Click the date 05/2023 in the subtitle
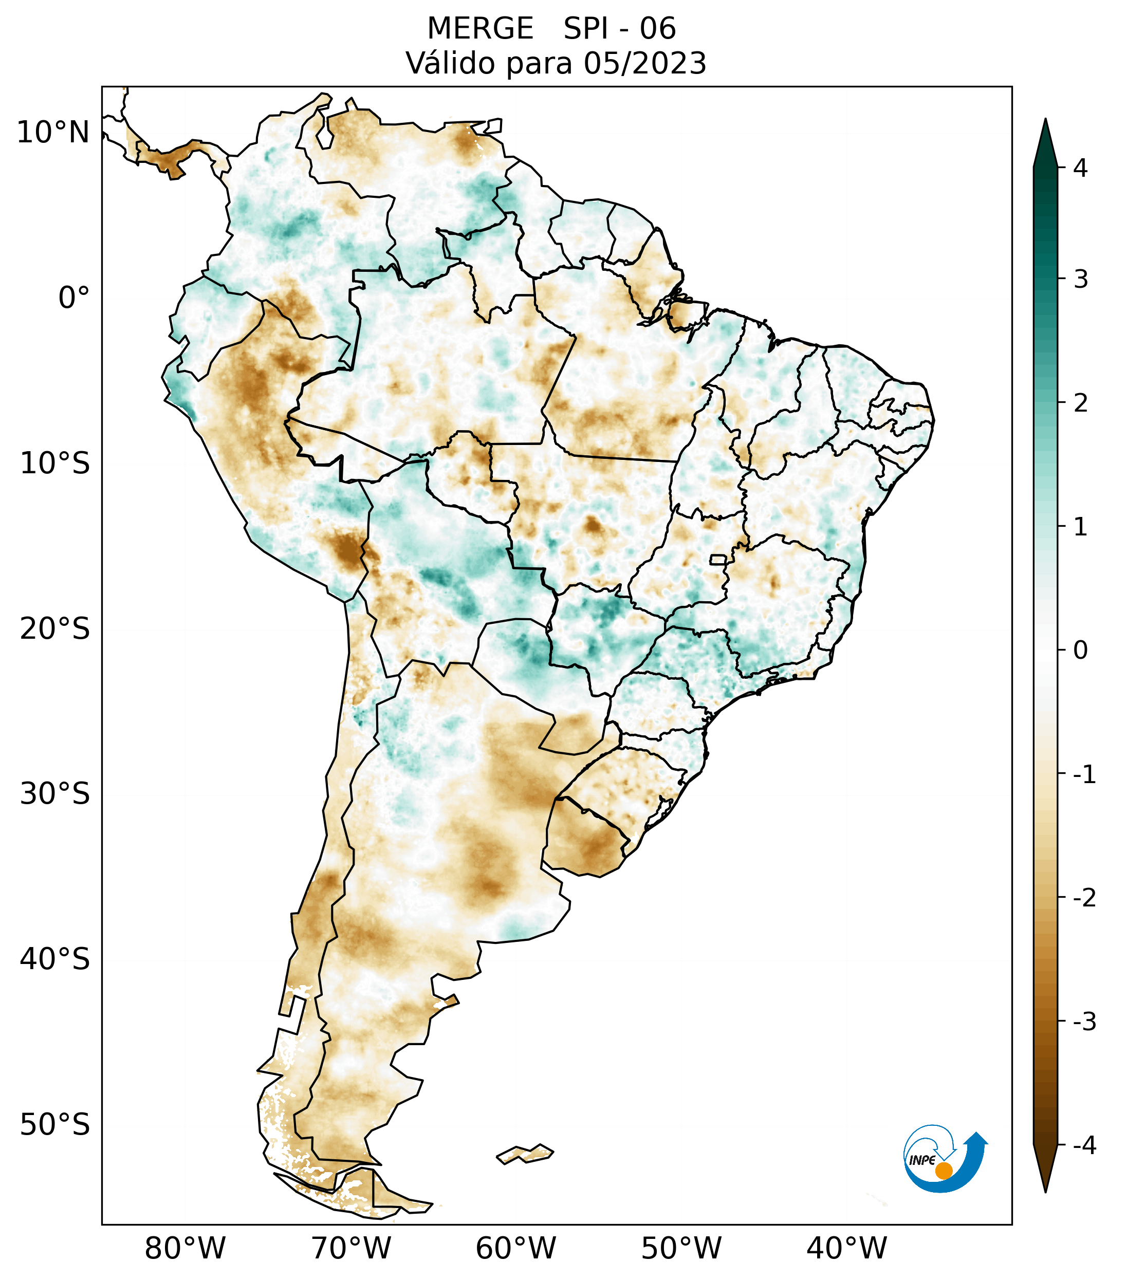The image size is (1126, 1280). click(644, 63)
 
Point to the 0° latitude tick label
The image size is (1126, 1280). click(74, 298)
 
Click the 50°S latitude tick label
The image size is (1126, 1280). click(55, 1125)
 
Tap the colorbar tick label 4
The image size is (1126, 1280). click(1080, 168)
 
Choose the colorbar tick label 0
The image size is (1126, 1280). click(1080, 651)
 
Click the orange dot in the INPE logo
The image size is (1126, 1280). click(943, 1171)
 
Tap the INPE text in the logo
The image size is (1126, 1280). click(922, 1160)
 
